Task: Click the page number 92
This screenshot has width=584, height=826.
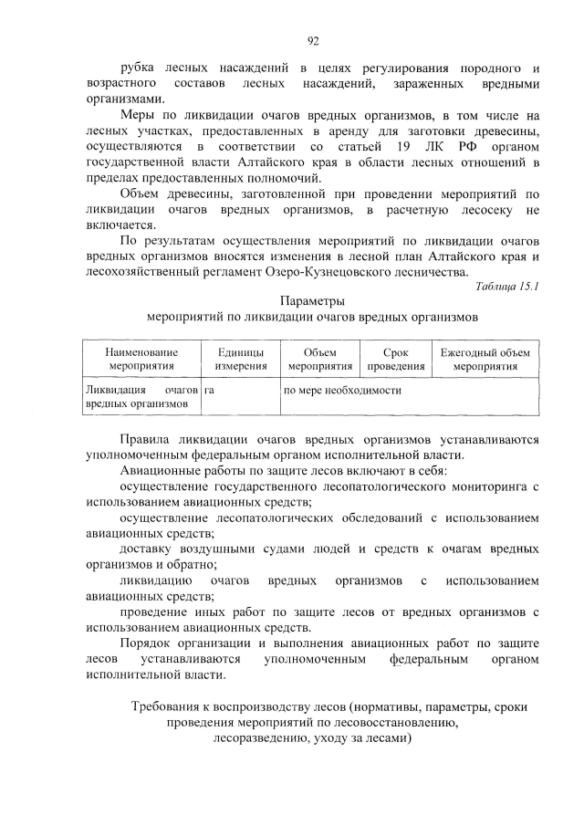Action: click(x=312, y=39)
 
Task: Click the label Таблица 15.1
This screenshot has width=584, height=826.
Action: click(x=507, y=288)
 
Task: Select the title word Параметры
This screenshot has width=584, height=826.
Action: click(x=312, y=300)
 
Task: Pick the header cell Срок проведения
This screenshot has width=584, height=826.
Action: click(x=396, y=359)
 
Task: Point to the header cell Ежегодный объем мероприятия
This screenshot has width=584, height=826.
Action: click(x=485, y=359)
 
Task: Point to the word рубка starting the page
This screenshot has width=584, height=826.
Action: click(x=138, y=68)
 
